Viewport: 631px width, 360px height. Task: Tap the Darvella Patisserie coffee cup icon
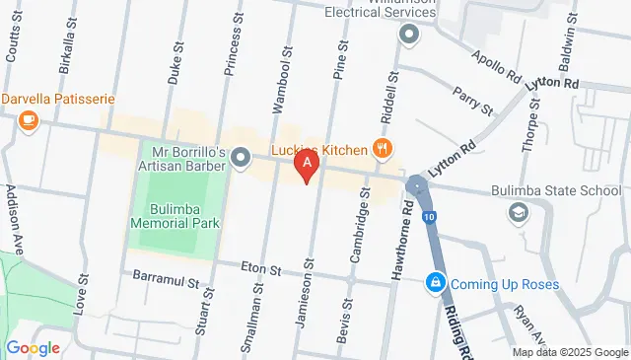click(x=28, y=120)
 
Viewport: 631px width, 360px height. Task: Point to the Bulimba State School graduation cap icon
click(x=518, y=212)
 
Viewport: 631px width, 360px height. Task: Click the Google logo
click(x=33, y=347)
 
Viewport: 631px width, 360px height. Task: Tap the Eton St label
click(x=262, y=268)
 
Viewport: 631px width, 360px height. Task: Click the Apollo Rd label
click(x=495, y=63)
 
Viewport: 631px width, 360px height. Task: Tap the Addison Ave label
click(x=13, y=216)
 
